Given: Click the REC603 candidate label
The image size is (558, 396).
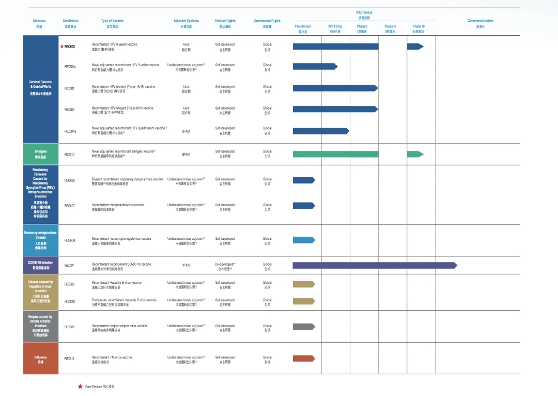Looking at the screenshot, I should click(70, 47).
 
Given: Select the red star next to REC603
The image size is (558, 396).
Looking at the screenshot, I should click(62, 47).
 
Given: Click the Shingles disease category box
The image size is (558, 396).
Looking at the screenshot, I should click(41, 154).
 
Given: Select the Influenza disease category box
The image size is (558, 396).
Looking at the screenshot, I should click(41, 358).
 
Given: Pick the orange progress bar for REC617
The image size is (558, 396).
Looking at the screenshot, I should click(304, 358).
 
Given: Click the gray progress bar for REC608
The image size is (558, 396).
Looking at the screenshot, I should click(304, 327).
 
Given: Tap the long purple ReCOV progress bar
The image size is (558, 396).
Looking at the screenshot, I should click(375, 265).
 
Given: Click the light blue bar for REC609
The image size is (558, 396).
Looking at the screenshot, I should click(304, 240).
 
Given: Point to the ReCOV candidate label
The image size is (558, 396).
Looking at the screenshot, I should click(69, 265).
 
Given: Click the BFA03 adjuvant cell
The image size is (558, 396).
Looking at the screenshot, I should click(186, 265).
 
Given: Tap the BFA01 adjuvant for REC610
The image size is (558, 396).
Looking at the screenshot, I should click(186, 154).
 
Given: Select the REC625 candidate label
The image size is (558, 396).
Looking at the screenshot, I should click(70, 180).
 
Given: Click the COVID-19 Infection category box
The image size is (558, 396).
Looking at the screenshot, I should click(41, 265).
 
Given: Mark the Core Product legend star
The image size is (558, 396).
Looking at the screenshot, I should click(80, 386).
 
